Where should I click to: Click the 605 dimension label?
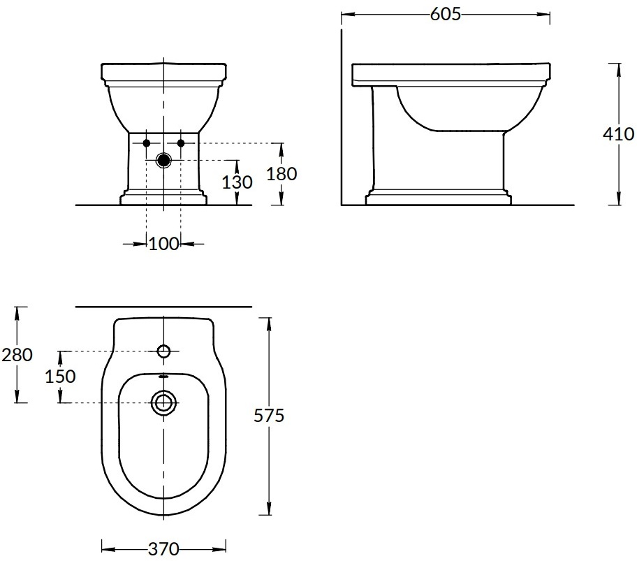[x=446, y=14]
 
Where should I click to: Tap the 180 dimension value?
[x=282, y=173]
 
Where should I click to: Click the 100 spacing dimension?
[x=163, y=243]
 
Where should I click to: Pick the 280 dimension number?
[x=17, y=354]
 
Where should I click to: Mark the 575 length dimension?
[x=270, y=416]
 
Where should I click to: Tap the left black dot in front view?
[x=147, y=143]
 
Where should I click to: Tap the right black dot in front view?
[x=181, y=143]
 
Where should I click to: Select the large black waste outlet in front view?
[x=163, y=160]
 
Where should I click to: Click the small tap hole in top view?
[x=164, y=350]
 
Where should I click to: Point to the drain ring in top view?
[x=164, y=402]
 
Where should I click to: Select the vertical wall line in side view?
[x=341, y=119]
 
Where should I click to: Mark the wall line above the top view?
[x=163, y=306]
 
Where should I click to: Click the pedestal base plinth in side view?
[x=437, y=198]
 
